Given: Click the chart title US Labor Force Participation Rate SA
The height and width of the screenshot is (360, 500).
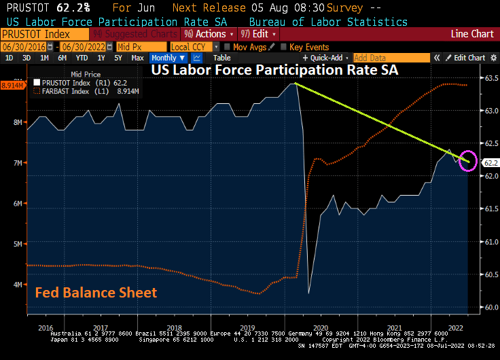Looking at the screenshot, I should coord(274,70).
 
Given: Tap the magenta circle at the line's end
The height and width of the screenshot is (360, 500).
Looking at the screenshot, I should coord(468,160).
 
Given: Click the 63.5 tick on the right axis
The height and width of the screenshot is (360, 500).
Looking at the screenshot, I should coord(490,78).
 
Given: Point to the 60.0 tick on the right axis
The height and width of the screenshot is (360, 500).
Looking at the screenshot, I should coord(490,307).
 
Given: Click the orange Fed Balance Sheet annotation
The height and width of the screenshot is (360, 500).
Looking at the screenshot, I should coord(96,293).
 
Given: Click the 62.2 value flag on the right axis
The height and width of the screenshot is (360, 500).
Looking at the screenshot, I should coord(490,163).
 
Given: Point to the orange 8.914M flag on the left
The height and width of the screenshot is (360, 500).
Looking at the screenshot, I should coord(13,86).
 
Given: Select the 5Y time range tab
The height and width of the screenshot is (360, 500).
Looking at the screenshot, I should coord(118,58).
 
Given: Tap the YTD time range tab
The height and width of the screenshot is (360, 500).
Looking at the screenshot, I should coord(81,58).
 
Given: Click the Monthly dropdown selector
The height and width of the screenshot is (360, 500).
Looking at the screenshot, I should coord(168,58).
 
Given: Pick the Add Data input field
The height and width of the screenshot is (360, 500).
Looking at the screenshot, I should coord(391,58).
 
